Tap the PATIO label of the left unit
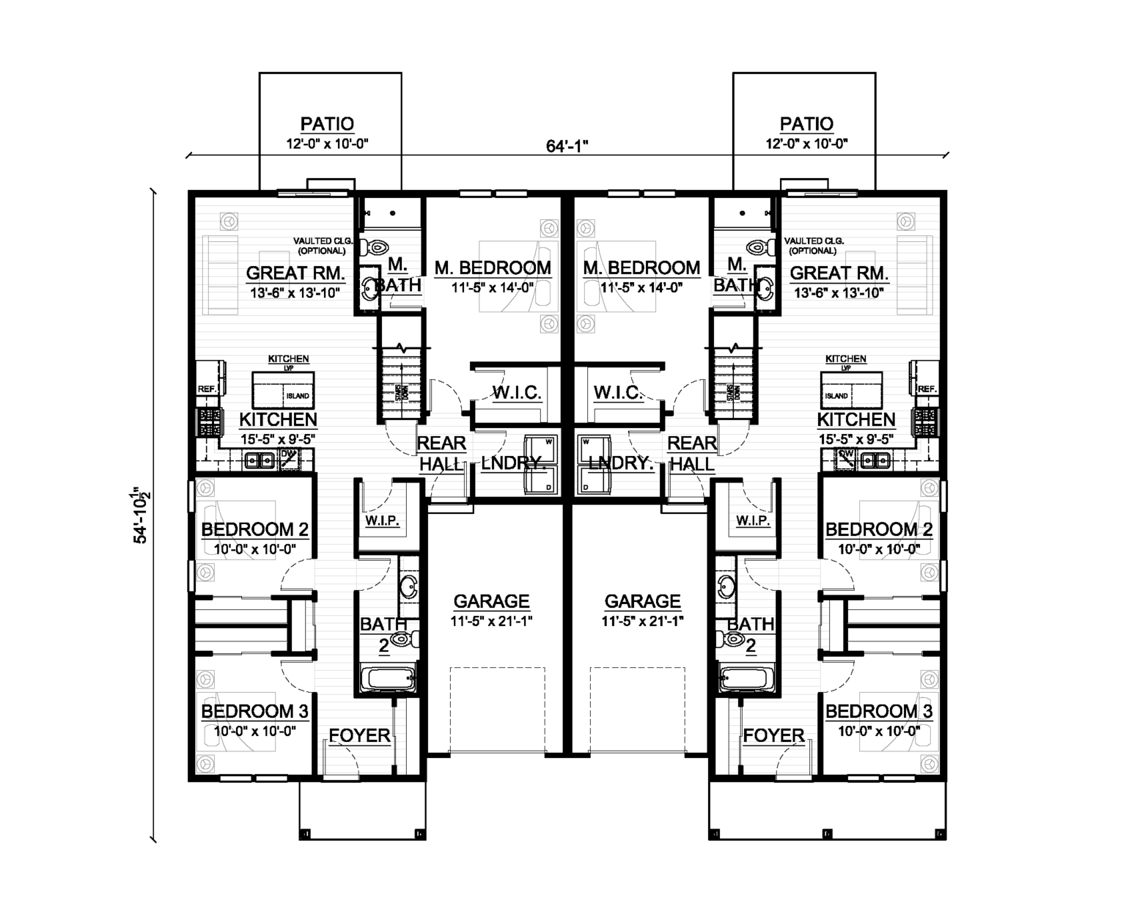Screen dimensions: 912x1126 pyautogui.click(x=327, y=124)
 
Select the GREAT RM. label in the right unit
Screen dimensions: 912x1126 pyautogui.click(x=839, y=273)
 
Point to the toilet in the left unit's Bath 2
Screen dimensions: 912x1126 pyautogui.click(x=400, y=639)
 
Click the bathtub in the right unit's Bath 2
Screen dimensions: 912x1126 pyautogui.click(x=747, y=678)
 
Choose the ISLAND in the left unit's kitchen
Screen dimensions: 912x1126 pyautogui.click(x=283, y=389)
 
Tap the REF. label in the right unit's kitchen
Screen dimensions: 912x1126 pyautogui.click(x=927, y=389)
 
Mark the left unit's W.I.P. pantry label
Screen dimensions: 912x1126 pyautogui.click(x=382, y=521)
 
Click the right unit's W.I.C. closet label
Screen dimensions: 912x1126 pyautogui.click(x=619, y=392)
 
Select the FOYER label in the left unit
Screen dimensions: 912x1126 pyautogui.click(x=359, y=735)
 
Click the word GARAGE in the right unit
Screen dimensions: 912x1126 pyautogui.click(x=642, y=601)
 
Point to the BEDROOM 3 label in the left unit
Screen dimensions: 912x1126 pyautogui.click(x=254, y=711)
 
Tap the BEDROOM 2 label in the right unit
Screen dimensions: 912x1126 pyautogui.click(x=878, y=529)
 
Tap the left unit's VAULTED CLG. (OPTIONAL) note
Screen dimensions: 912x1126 pyautogui.click(x=323, y=246)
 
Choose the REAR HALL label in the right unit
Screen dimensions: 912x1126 pyautogui.click(x=691, y=453)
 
